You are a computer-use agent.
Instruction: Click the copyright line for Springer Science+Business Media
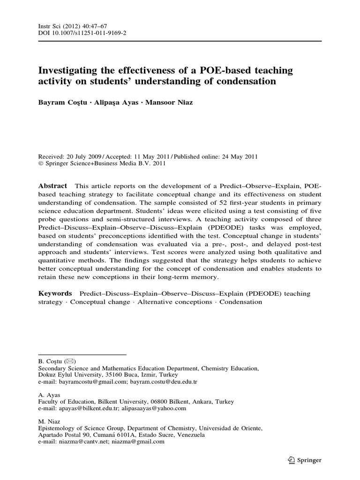tap(101, 164)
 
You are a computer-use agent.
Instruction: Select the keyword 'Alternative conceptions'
tap(174, 302)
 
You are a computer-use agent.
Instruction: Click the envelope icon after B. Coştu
tap(69, 361)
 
